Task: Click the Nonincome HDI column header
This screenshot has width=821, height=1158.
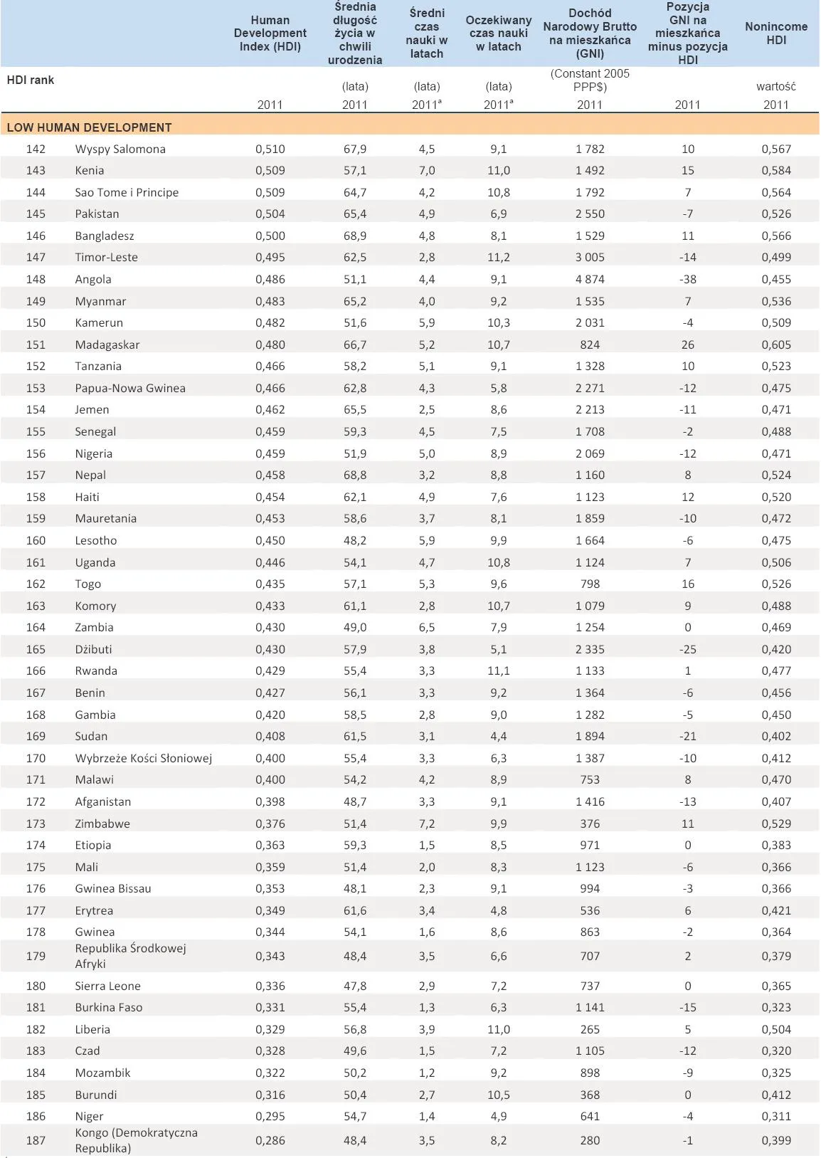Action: pos(775,33)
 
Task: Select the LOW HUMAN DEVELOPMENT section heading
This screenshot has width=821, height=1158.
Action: pos(89,127)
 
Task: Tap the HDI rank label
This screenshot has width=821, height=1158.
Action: pos(31,80)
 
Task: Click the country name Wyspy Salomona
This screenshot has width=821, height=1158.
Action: pos(120,149)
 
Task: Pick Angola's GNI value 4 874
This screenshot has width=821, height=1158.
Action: pos(590,279)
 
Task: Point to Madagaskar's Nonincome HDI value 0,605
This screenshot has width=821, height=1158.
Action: pos(775,344)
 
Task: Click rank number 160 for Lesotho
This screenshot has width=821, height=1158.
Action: pos(36,540)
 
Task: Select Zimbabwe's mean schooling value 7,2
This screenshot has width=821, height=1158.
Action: pos(426,823)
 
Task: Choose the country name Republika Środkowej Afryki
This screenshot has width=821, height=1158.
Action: pos(130,956)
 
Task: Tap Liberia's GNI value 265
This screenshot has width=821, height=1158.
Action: pos(590,1029)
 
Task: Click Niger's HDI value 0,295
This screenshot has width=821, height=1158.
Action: pos(270,1116)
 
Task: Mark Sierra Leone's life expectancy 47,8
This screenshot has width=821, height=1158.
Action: pos(355,986)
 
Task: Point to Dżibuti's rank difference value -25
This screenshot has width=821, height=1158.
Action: pos(687,649)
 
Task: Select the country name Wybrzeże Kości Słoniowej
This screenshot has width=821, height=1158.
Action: pos(144,758)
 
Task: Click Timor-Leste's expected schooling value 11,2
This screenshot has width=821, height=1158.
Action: pos(498,257)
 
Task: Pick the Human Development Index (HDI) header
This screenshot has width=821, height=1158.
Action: pos(270,33)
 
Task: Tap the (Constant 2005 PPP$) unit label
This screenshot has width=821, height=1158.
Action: pos(590,80)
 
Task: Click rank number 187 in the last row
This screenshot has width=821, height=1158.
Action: pos(36,1140)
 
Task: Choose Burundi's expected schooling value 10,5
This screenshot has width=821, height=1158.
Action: pos(498,1095)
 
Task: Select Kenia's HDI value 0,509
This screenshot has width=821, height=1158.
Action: pos(270,170)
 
